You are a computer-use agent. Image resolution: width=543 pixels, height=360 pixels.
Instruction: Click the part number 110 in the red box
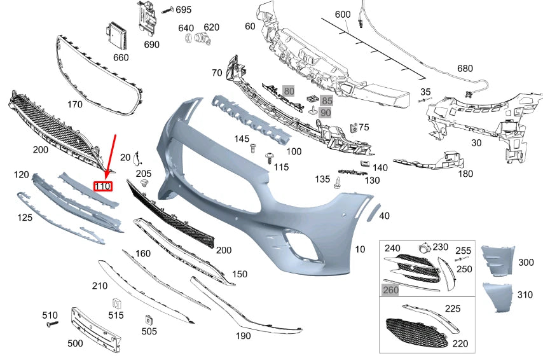click(x=103, y=186)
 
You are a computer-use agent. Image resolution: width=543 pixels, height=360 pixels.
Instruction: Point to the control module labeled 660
click(x=118, y=36)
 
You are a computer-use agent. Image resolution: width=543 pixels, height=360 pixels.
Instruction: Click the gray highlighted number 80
click(x=289, y=91)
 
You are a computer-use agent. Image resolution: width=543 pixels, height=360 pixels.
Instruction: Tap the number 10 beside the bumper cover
click(x=361, y=249)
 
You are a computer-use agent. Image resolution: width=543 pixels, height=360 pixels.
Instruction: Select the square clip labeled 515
click(x=116, y=302)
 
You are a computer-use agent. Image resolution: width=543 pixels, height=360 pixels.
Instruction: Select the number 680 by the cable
click(x=465, y=69)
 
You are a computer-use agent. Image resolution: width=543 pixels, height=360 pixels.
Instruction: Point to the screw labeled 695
click(x=167, y=10)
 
